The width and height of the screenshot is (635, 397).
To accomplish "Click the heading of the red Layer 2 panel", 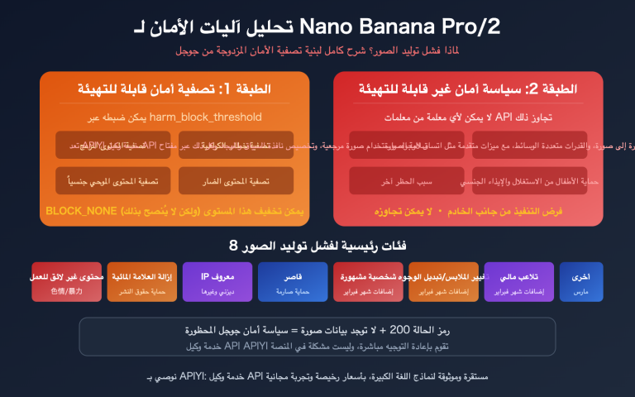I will tap(468, 88).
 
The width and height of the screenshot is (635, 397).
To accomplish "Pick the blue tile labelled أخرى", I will tap(580, 282).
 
